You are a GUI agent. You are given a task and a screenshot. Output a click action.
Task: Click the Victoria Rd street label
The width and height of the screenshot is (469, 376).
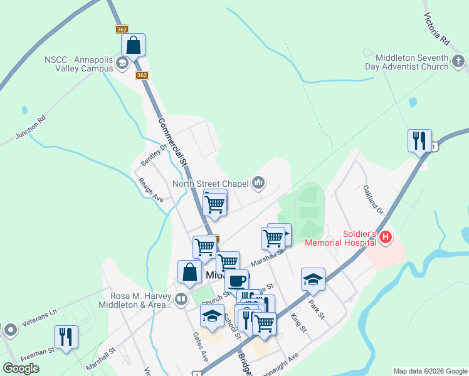pos(437,29)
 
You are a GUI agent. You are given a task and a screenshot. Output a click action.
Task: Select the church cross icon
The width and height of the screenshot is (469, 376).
pos(458,61)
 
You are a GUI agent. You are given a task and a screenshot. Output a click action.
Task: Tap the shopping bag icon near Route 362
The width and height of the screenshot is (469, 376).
pos(133,45)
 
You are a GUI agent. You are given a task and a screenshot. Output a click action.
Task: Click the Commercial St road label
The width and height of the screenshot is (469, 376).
pos(174,142)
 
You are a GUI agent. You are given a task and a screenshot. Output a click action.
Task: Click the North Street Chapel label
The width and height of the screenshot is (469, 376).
pos(211,184)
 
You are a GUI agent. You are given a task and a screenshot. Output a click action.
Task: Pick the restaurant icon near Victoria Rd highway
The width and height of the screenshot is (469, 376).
pos(419,140)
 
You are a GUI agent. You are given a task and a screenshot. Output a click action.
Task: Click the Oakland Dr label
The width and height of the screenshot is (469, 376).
pos(372,199)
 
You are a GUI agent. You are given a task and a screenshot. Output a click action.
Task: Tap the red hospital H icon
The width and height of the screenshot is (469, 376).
pos(386,238)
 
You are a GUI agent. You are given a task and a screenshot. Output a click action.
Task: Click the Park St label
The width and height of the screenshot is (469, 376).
pos(316,308)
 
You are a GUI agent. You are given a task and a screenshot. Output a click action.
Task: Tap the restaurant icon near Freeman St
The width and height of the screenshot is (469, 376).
pos(66,337)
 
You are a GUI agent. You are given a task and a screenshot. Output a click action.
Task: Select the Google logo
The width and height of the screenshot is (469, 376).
pos(21,368)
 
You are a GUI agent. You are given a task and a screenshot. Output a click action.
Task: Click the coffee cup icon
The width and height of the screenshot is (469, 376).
pos(236,280)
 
